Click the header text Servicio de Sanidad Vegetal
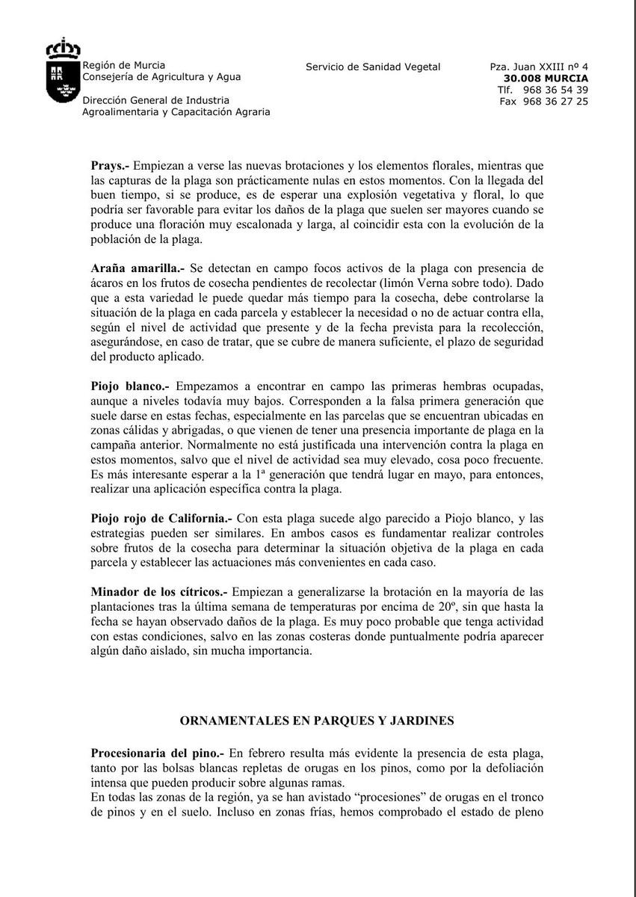[x=373, y=67]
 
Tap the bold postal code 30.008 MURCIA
[x=546, y=78]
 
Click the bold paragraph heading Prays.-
[x=110, y=164]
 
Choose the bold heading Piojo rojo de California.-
[x=162, y=517]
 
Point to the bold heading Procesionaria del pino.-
[x=158, y=752]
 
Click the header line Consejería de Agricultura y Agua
[x=161, y=77]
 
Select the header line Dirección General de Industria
[x=156, y=101]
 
